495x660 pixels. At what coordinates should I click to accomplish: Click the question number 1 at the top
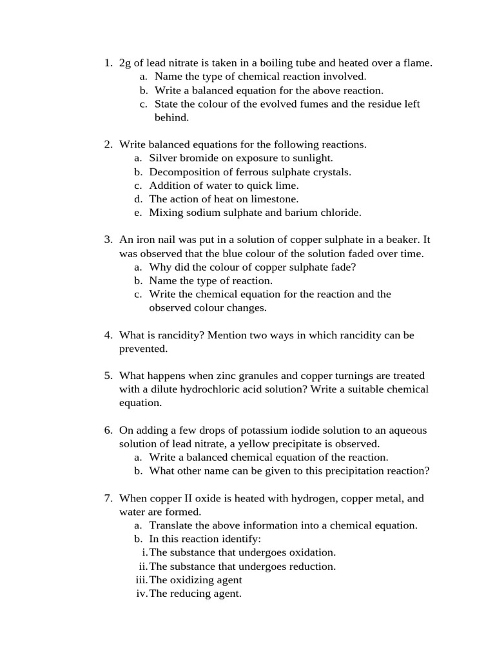(108, 63)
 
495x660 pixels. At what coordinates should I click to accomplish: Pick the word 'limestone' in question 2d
(276, 199)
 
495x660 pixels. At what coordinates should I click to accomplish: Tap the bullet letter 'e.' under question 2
(139, 213)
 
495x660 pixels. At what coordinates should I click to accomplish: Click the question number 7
(108, 499)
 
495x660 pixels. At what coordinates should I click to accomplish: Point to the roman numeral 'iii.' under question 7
(141, 580)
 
